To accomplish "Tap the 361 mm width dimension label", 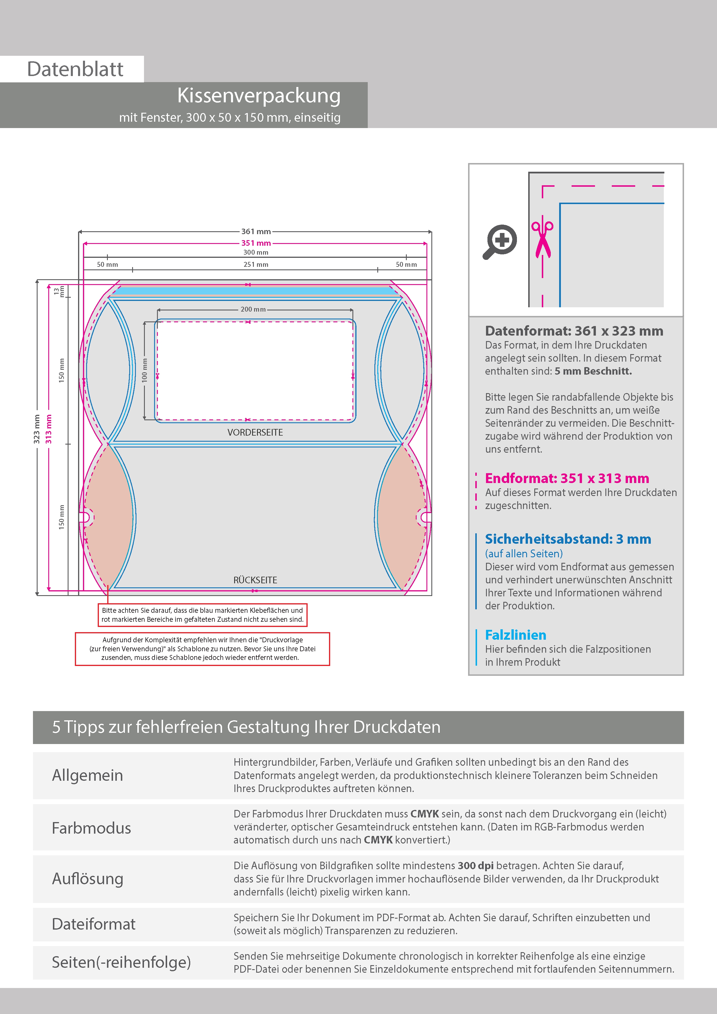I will [x=256, y=232].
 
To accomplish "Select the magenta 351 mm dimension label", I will [x=256, y=243].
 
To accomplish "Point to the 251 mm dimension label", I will [x=256, y=264].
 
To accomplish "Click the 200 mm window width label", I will [x=253, y=309].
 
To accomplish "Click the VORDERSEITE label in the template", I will [x=255, y=432].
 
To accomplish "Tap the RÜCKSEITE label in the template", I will [x=255, y=580].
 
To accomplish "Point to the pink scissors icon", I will [x=542, y=238].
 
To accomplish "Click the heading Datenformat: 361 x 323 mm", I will [x=574, y=331].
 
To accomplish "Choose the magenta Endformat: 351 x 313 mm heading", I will [x=567, y=478].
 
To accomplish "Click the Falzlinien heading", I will [x=515, y=635].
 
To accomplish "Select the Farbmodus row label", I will [x=91, y=828].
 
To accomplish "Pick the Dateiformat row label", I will [x=94, y=924].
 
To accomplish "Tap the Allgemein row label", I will [x=88, y=776].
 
